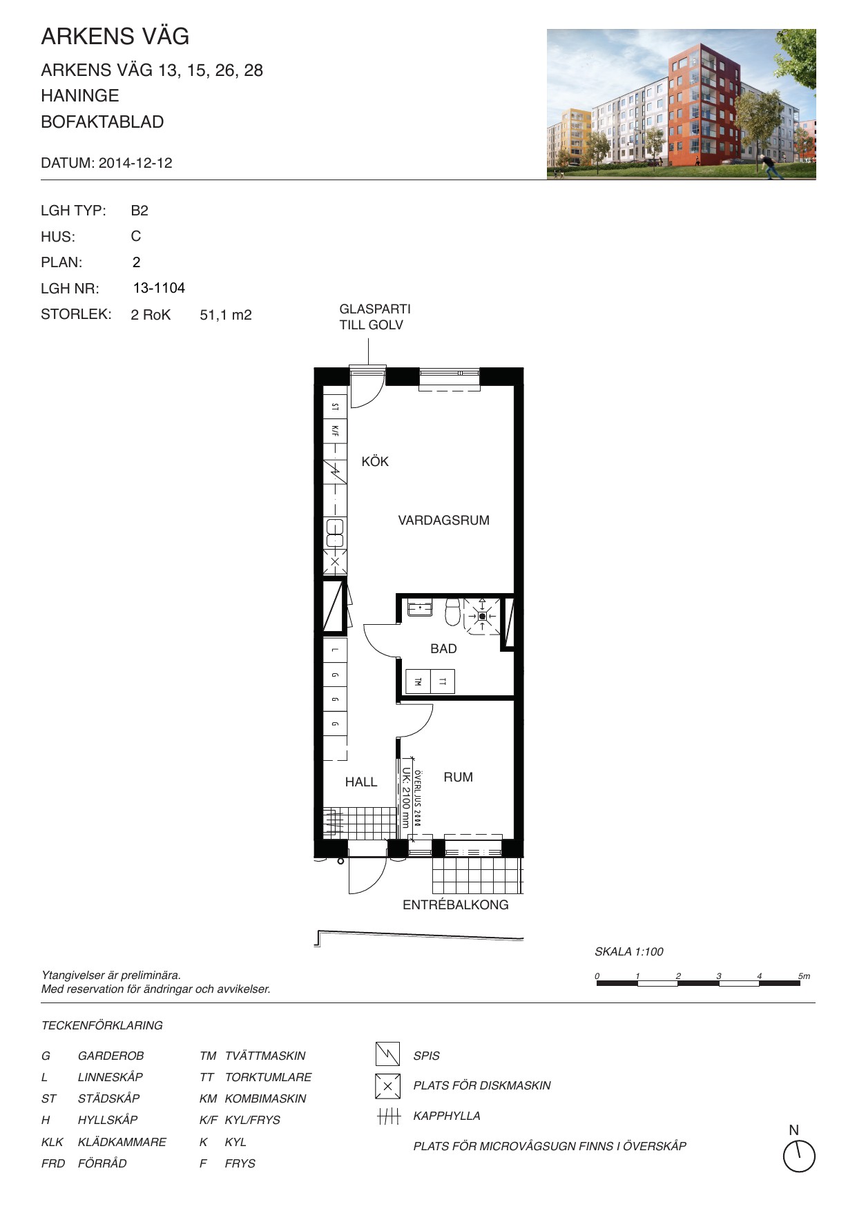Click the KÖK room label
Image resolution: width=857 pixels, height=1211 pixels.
(375, 461)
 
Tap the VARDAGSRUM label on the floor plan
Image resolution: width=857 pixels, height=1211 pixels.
(443, 521)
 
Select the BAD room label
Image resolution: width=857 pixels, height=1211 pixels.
(443, 648)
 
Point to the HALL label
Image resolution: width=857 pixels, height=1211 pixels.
(361, 782)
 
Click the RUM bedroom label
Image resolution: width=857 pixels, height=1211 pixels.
(458, 777)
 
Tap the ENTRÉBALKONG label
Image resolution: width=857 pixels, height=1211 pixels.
(455, 904)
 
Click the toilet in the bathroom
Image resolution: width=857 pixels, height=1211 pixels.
(453, 611)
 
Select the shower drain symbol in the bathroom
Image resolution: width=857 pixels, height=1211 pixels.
(482, 615)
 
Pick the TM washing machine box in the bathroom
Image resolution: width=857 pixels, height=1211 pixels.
(418, 681)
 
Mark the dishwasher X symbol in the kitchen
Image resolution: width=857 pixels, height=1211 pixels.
(335, 563)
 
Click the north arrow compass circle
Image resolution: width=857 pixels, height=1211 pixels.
(800, 1156)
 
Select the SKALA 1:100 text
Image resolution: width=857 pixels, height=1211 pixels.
(628, 951)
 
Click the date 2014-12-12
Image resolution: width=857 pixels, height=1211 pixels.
(135, 164)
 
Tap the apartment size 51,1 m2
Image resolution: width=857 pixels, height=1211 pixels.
(226, 316)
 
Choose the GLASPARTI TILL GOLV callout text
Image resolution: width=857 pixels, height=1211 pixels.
(375, 317)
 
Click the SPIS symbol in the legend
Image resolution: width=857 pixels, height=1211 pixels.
(387, 1054)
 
